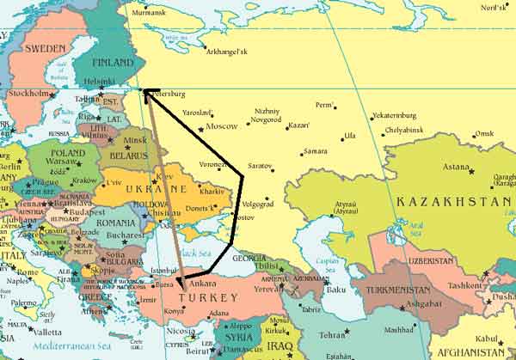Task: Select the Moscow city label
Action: pyautogui.click(x=221, y=126)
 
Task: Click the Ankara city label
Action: pyautogui.click(x=202, y=284)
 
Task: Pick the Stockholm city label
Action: pyautogui.click(x=27, y=94)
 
